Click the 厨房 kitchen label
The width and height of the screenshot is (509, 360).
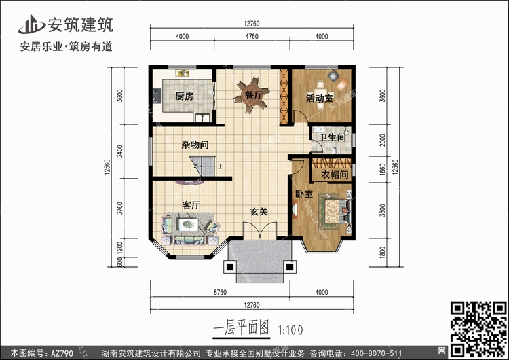(185, 96)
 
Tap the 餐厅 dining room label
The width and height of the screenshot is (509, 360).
(254, 95)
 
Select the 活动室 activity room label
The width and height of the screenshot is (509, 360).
(320, 98)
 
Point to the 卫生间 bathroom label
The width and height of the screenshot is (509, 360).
(332, 137)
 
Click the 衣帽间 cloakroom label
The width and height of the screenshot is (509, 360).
(335, 175)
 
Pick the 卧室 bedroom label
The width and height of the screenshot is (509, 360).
(304, 194)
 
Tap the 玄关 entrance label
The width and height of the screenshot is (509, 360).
(259, 212)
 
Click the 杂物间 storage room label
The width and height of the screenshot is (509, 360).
(195, 145)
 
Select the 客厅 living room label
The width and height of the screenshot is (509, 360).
(191, 205)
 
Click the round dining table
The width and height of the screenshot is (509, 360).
(252, 95)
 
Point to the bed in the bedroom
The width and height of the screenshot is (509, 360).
(335, 211)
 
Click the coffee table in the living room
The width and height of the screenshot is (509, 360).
(188, 224)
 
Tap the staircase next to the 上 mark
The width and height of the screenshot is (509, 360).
(203, 166)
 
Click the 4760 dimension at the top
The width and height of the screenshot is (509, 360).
(252, 37)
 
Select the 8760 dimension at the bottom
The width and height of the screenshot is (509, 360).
(220, 293)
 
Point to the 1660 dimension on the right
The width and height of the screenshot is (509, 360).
(383, 169)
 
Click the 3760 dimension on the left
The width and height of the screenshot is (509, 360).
(119, 209)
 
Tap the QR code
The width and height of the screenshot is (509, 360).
(478, 329)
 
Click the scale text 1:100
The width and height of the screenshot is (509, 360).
(290, 330)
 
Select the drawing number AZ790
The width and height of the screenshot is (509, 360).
(62, 353)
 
